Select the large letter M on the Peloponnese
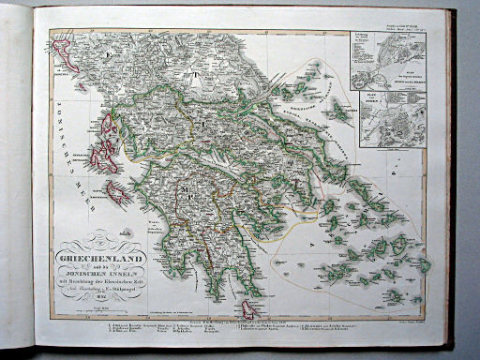tap(187, 198)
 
